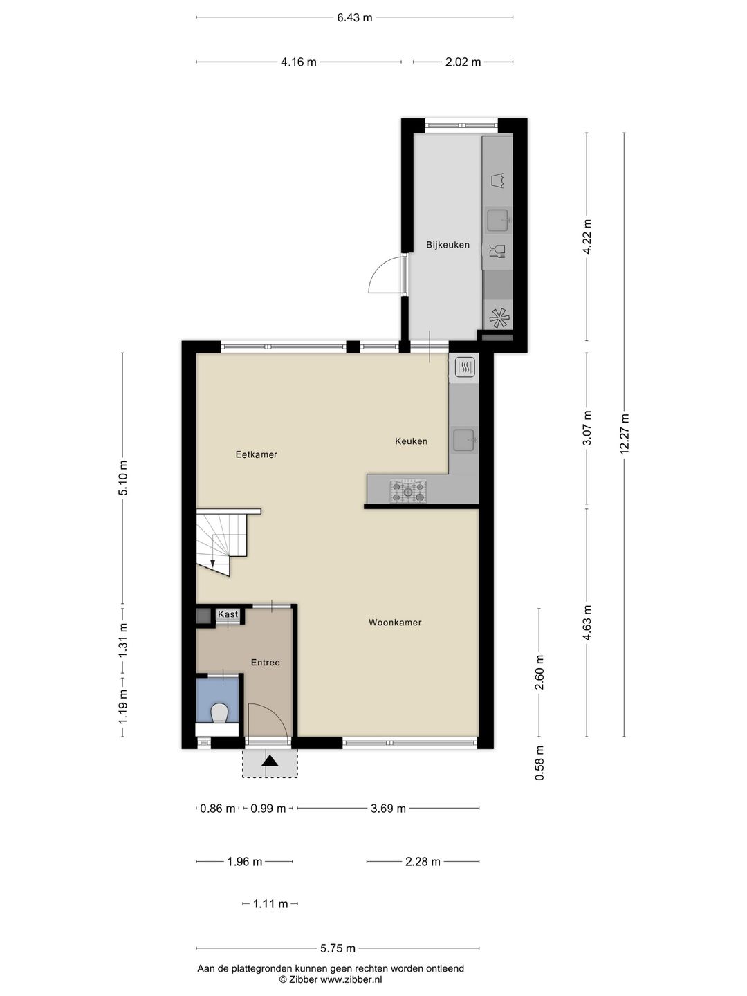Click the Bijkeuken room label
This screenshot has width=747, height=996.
click(448, 245)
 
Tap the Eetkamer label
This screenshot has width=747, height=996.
click(256, 454)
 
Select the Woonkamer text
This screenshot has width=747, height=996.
click(395, 622)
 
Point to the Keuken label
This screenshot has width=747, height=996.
click(411, 441)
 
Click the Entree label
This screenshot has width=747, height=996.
click(265, 663)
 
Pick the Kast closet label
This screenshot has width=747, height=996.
click(228, 614)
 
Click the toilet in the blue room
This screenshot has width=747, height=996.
click(219, 712)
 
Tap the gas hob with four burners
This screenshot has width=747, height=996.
click(408, 490)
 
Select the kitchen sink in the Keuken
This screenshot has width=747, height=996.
click(463, 439)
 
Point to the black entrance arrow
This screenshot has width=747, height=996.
click(269, 761)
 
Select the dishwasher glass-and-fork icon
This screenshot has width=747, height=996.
click(497, 250)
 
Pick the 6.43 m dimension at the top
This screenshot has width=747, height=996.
click(354, 17)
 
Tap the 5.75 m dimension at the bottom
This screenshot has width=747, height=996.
click(338, 948)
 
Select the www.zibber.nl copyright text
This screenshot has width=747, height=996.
click(330, 979)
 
